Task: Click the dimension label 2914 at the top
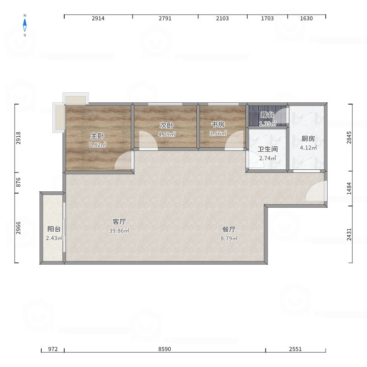point(98,18)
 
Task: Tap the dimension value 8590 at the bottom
point(165,349)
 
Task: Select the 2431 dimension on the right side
point(349,234)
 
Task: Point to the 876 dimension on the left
point(18,182)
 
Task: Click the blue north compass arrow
point(25,25)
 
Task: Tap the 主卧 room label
point(97,136)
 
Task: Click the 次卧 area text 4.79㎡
point(167,134)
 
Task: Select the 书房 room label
point(218,124)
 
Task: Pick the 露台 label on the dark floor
point(267,115)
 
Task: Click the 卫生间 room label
point(267,149)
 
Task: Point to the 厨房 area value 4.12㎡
point(308,148)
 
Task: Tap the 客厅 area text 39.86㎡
point(119,231)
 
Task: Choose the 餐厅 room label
point(229,229)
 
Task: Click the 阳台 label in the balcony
point(54,229)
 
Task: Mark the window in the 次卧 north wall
point(165,104)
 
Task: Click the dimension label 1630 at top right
point(306,18)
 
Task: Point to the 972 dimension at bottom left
point(53,349)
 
